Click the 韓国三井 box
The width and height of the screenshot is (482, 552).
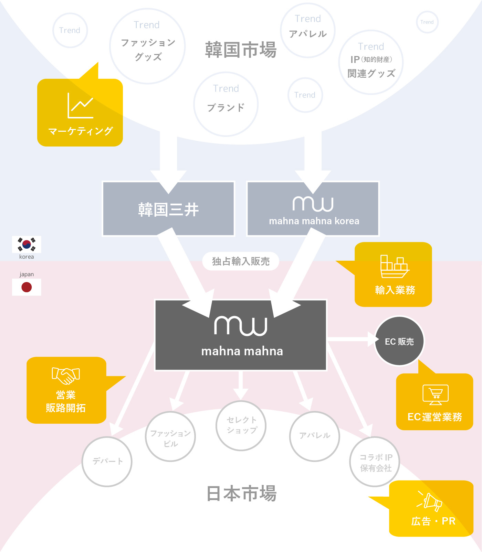pyautogui.click(x=168, y=209)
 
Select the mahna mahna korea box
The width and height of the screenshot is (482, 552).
pyautogui.click(x=313, y=209)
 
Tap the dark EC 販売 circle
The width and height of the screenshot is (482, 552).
pyautogui.click(x=399, y=341)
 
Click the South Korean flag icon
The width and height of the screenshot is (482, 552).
pyautogui.click(x=27, y=245)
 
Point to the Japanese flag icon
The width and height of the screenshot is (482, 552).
pyautogui.click(x=27, y=287)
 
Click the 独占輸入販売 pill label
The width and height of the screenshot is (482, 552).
pyautogui.click(x=241, y=261)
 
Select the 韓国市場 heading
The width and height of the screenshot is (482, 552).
pyautogui.click(x=241, y=50)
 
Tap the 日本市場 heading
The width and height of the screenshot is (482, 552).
pyautogui.click(x=241, y=494)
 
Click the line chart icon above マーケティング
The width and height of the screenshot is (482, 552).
pyautogui.click(x=80, y=106)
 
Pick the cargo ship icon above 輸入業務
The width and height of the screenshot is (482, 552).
pyautogui.click(x=395, y=267)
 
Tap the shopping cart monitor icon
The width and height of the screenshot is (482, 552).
pyautogui.click(x=436, y=394)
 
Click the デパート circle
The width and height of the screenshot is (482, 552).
pyautogui.click(x=107, y=462)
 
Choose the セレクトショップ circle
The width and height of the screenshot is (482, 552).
pyautogui.click(x=241, y=425)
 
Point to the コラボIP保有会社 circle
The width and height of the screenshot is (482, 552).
pyautogui.click(x=375, y=462)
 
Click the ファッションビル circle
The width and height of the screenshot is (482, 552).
pyautogui.click(x=170, y=437)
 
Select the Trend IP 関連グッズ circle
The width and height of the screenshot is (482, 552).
pyautogui.click(x=371, y=62)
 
